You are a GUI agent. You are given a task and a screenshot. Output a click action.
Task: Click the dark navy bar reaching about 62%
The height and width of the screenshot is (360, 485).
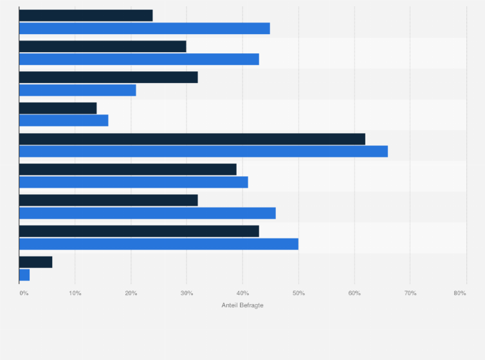[192, 139]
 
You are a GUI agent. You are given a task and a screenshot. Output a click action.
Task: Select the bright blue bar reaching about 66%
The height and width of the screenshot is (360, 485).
[203, 151]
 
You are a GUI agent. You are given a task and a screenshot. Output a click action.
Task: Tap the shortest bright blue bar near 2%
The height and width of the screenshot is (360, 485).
[24, 274]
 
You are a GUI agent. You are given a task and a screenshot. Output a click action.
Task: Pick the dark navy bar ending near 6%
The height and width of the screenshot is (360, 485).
[35, 262]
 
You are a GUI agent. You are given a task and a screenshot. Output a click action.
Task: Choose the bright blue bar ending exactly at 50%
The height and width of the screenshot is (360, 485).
[158, 244]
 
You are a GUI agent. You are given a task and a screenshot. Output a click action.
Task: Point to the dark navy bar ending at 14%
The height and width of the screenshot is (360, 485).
[58, 108]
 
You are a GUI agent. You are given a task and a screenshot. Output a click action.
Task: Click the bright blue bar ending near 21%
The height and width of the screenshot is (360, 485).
[77, 90]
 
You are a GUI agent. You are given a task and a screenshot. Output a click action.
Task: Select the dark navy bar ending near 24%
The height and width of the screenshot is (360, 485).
[86, 15]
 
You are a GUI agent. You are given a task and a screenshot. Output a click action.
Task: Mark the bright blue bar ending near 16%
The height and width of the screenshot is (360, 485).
[63, 120]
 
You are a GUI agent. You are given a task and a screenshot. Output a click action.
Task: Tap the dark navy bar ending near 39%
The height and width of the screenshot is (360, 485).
[127, 170]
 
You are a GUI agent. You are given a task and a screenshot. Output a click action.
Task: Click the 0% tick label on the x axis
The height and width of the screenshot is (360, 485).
[24, 293]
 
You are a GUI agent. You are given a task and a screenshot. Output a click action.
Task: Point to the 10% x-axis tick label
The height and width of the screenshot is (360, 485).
[75, 293]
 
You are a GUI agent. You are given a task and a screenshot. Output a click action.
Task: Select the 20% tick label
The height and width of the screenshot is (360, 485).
[131, 293]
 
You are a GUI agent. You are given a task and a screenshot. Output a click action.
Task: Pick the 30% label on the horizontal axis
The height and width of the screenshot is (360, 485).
[187, 293]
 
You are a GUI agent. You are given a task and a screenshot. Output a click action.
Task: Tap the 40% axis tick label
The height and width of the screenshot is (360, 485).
[243, 293]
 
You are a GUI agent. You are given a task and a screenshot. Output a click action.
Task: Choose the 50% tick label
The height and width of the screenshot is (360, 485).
[298, 293]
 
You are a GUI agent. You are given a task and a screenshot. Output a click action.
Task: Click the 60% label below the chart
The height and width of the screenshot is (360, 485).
[354, 293]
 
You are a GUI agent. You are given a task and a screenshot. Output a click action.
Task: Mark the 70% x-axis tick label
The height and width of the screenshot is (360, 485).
[410, 293]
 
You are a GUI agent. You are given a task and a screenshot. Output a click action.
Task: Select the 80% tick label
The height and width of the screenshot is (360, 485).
[459, 293]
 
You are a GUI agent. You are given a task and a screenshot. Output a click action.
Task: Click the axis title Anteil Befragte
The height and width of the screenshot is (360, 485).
[243, 305]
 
